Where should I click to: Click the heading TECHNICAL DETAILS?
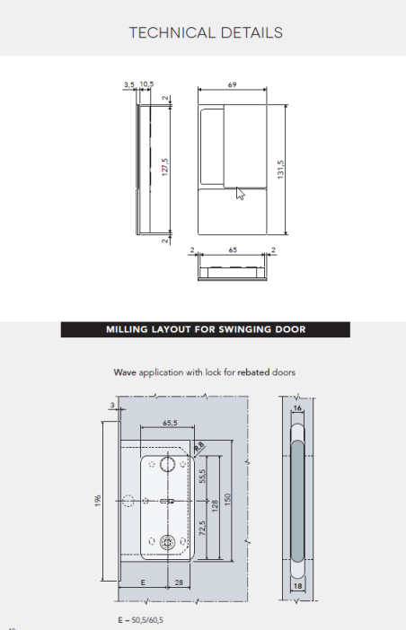(x=206, y=33)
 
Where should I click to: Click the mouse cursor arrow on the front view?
(x=240, y=194)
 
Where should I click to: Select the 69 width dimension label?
(x=232, y=83)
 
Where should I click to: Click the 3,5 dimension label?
(x=128, y=83)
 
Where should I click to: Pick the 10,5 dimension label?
(x=146, y=83)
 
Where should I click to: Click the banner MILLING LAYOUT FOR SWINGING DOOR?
(x=206, y=329)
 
